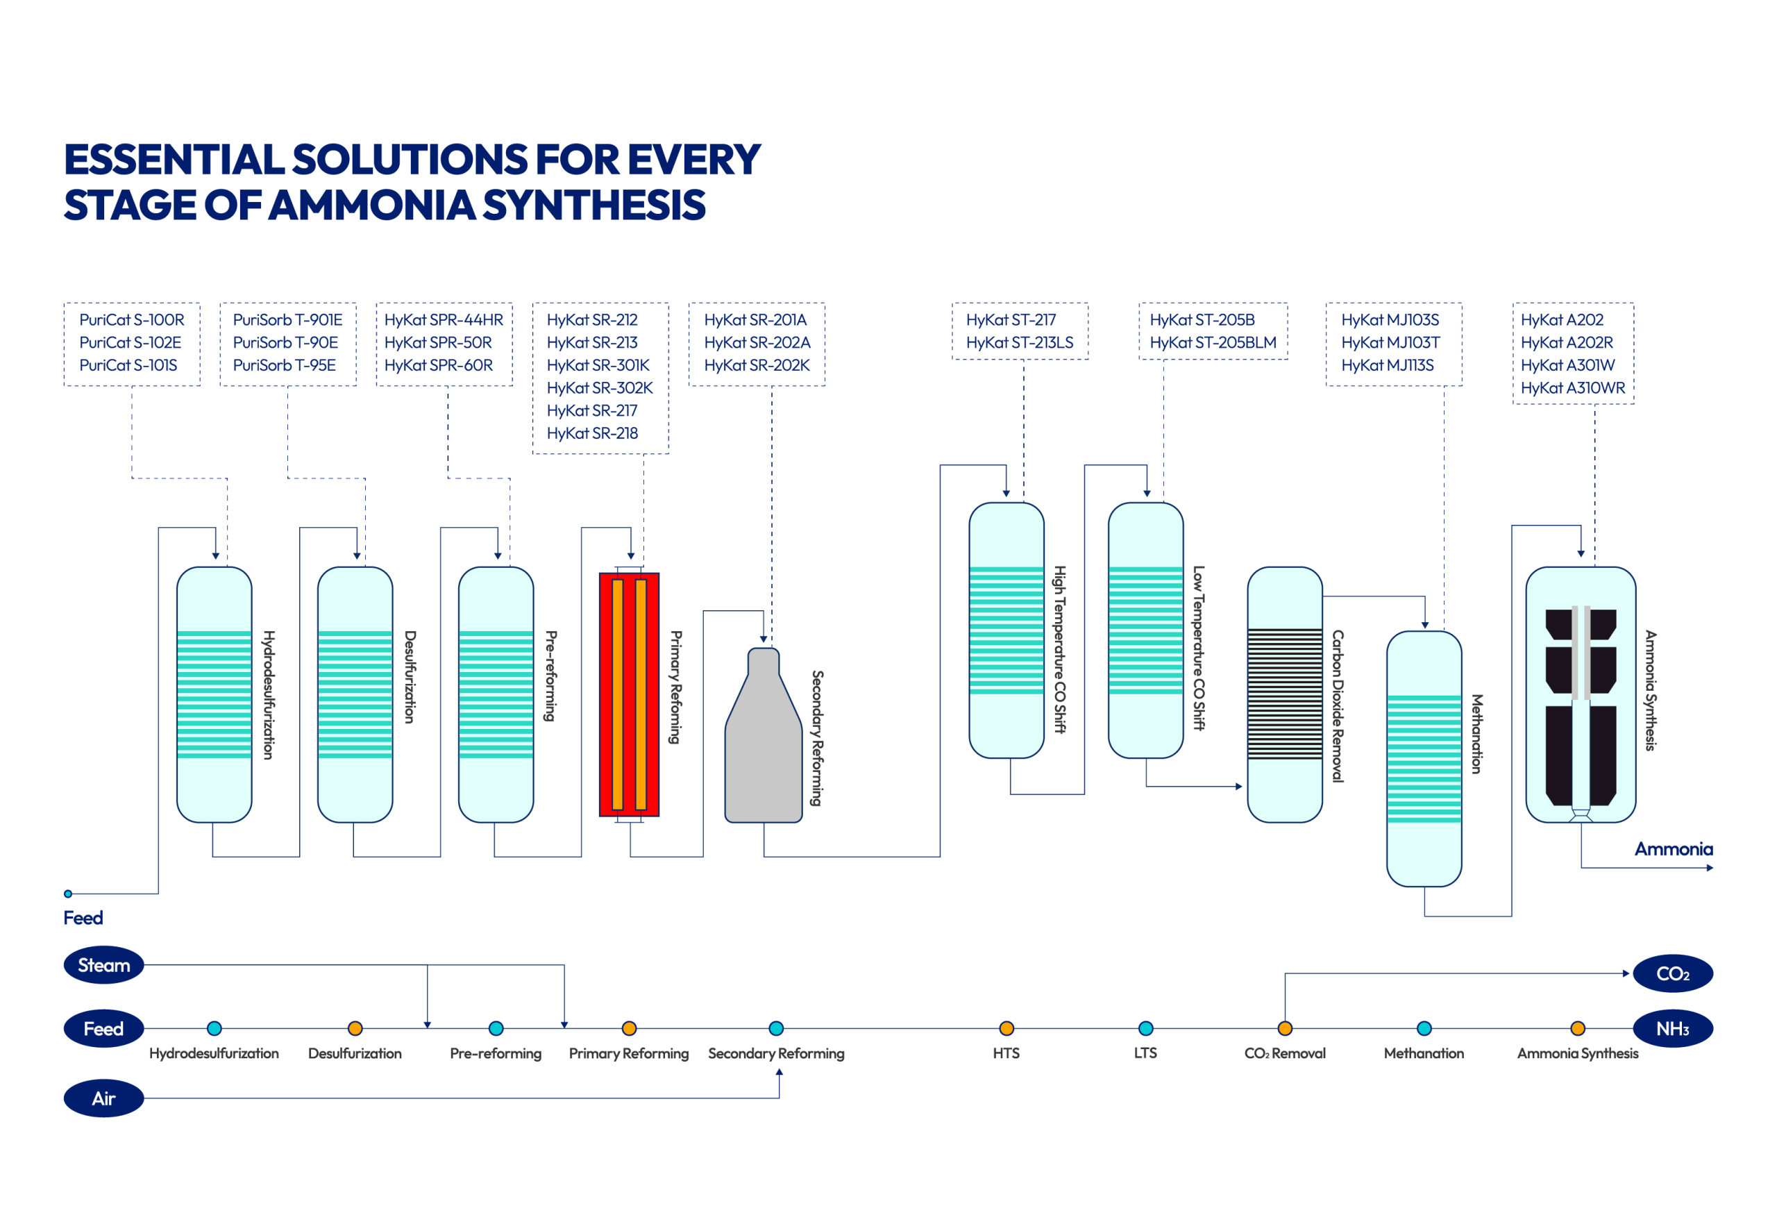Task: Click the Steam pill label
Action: tap(104, 965)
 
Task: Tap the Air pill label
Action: tap(104, 1098)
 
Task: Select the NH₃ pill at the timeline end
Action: tap(1672, 1028)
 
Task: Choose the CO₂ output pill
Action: tap(1672, 973)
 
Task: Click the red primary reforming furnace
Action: tap(630, 694)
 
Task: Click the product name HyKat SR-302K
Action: tap(600, 387)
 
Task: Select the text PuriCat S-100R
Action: tap(131, 319)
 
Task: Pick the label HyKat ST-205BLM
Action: tap(1213, 342)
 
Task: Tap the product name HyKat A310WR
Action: tap(1573, 387)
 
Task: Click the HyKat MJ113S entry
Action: tap(1387, 365)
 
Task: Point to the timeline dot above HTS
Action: tap(1007, 1028)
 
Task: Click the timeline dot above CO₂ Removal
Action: tap(1285, 1028)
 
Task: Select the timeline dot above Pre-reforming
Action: tap(496, 1028)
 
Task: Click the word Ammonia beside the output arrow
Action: tap(1673, 849)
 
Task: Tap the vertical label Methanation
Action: tap(1476, 734)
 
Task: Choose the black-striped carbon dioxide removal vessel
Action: tap(1285, 694)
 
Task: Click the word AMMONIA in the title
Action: tap(372, 205)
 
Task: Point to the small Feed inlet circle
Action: tap(68, 894)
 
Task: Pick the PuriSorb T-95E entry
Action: tap(285, 365)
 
